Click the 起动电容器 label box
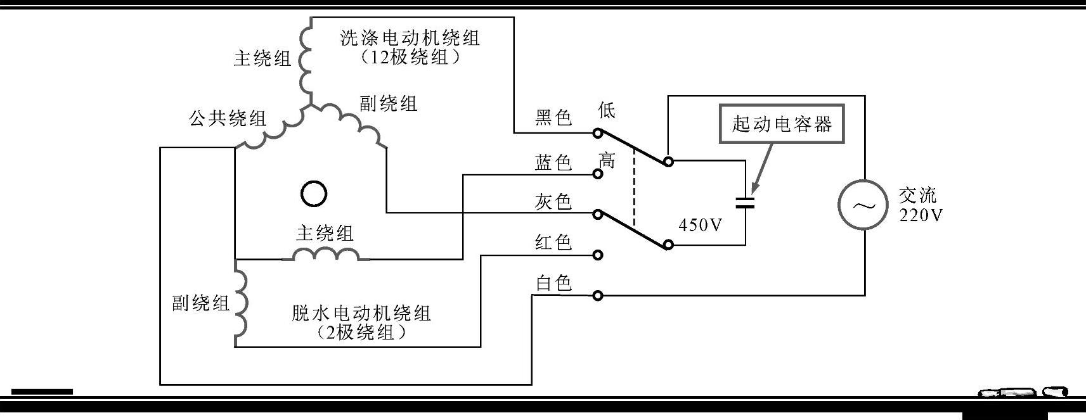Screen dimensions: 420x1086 [782, 124]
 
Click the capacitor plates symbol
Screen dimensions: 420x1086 [745, 203]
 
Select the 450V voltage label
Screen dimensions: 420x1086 [700, 225]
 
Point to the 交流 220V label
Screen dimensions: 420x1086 [921, 205]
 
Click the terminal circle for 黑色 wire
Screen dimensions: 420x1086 [597, 133]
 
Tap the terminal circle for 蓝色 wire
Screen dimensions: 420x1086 [597, 174]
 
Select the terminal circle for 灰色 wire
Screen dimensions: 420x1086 [597, 214]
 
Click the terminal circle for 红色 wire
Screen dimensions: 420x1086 [597, 255]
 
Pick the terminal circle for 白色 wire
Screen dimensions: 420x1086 [597, 295]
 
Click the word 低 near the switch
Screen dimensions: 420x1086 [607, 110]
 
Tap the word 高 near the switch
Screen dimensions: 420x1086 [607, 160]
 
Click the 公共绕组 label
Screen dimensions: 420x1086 [228, 118]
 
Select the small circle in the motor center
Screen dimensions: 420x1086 [313, 194]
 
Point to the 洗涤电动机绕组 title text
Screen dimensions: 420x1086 [410, 38]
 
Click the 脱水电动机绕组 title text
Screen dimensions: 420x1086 [361, 313]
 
